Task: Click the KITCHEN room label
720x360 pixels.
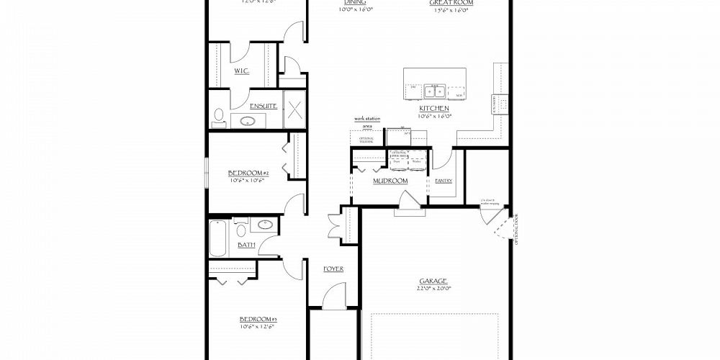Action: (434, 108)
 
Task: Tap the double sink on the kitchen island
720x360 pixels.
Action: (434, 91)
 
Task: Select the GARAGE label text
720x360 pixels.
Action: (433, 281)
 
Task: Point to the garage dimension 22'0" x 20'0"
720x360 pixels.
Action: (433, 288)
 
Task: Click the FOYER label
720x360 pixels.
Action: (333, 269)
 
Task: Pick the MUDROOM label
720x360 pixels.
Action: (390, 181)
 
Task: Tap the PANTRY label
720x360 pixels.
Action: (444, 181)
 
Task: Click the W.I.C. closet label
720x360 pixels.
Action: (241, 71)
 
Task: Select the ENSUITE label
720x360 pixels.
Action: (264, 106)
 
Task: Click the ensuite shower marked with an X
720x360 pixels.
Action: (294, 110)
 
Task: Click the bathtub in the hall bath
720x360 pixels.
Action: (218, 238)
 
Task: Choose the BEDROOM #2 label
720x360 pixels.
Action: (248, 173)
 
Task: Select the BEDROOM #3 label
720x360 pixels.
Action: (258, 319)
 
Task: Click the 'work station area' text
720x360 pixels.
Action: (366, 122)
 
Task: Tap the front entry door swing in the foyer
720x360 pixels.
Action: (333, 297)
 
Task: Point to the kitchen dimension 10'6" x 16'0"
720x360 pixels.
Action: (434, 115)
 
